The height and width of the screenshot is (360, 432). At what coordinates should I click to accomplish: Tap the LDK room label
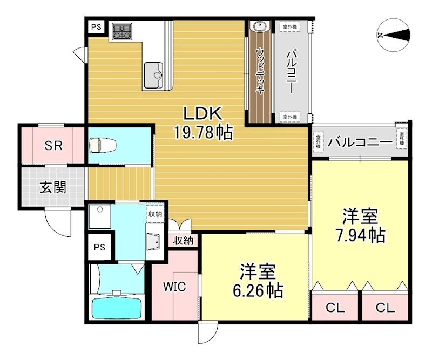coord(202,114)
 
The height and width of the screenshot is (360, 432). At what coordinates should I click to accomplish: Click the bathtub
coord(117,308)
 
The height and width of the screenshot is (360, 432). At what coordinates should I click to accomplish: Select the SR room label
coord(52,146)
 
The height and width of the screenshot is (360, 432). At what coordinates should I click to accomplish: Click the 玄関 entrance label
coord(52,187)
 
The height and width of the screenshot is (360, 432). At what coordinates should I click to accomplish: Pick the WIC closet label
coord(175,287)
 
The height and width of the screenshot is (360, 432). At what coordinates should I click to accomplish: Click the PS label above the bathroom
coord(99,248)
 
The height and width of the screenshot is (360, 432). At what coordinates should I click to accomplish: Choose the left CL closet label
coord(335,308)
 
